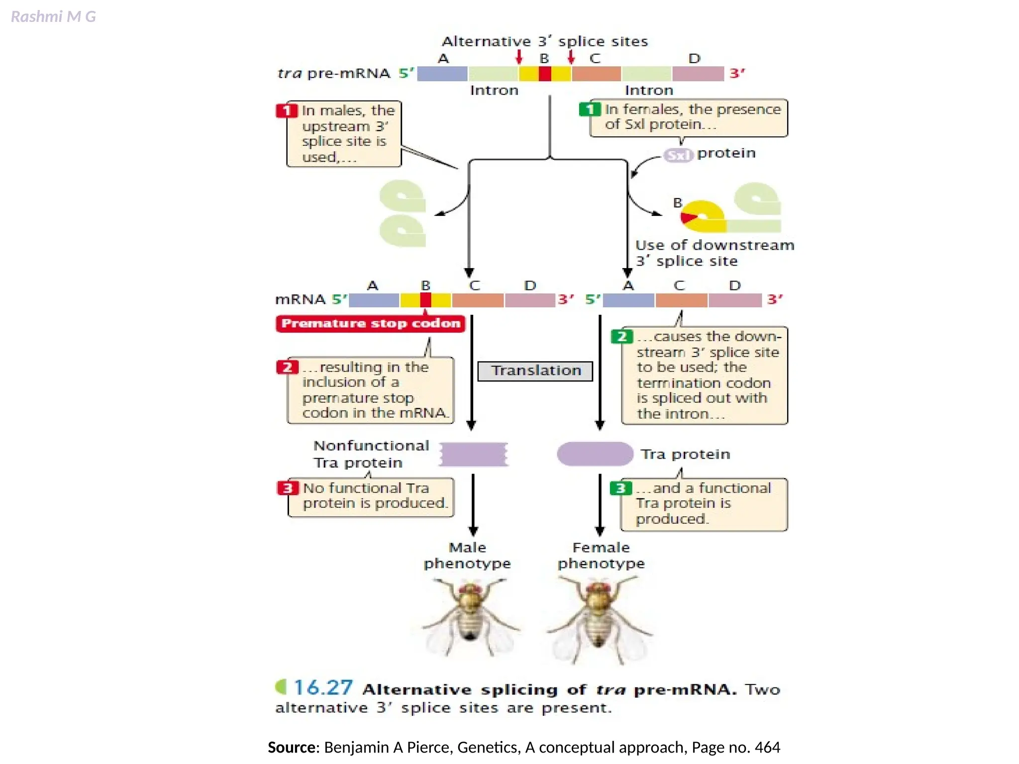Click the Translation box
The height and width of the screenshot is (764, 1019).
tap(535, 371)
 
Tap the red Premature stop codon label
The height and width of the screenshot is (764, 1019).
tap(371, 324)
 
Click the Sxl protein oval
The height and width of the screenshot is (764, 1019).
tap(678, 156)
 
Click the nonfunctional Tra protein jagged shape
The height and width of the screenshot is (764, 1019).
tap(474, 454)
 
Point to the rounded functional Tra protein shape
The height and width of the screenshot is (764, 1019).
tap(595, 454)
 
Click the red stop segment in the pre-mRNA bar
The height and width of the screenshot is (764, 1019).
tap(545, 74)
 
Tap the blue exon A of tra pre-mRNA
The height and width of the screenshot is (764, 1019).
tap(442, 74)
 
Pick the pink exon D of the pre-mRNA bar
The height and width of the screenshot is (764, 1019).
tap(698, 74)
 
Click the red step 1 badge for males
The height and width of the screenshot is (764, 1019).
tap(287, 110)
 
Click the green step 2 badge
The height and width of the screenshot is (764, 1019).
tap(621, 337)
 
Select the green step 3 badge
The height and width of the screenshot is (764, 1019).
tap(620, 488)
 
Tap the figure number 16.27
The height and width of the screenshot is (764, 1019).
tap(323, 688)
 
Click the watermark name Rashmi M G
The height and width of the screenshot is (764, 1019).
tap(53, 17)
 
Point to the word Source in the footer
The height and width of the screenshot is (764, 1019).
tap(291, 748)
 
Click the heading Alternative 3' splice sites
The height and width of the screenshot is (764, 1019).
tap(545, 41)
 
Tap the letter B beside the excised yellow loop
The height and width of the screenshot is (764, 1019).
tap(677, 203)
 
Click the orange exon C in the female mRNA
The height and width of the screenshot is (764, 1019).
tap(681, 300)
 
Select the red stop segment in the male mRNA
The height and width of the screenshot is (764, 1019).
tap(425, 300)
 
